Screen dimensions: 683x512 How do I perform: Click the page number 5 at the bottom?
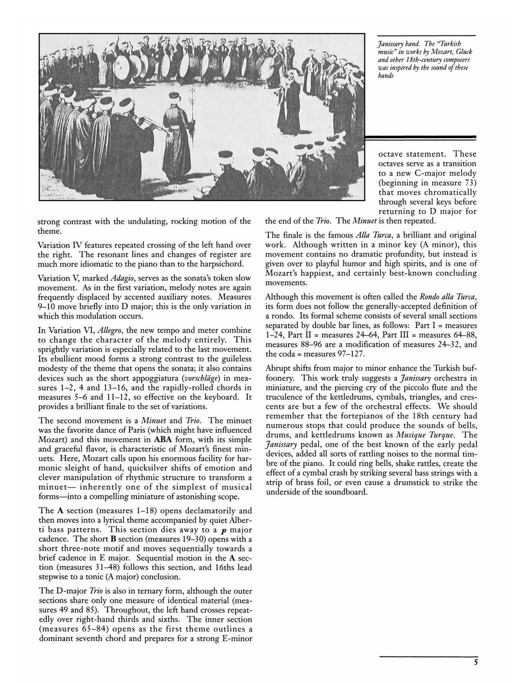[x=476, y=662]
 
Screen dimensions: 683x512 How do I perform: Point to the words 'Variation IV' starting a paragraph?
[x=59, y=245]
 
